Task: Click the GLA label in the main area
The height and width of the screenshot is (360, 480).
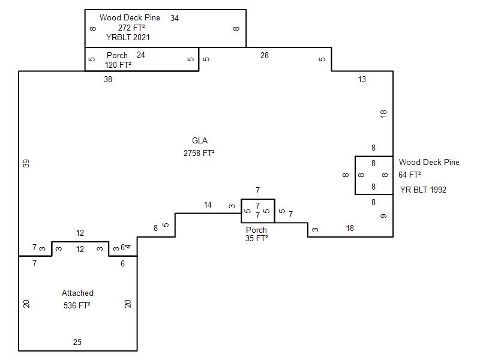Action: pos(200,140)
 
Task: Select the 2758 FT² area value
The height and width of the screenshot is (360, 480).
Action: pos(199,153)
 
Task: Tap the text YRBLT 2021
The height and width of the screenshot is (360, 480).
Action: pos(128,37)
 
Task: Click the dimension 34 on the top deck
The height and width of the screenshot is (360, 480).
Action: pos(175,19)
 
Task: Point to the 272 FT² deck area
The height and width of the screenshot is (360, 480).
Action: pos(131,28)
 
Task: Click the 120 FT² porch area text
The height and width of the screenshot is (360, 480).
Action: pos(118,65)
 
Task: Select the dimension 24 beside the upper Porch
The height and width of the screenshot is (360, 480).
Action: pos(141,55)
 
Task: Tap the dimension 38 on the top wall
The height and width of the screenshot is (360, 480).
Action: pos(108,79)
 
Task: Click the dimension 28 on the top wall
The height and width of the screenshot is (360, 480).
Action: pos(265,55)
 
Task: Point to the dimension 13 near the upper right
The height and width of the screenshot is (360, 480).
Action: pos(362,79)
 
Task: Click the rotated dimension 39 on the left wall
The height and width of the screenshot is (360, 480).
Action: pos(26,163)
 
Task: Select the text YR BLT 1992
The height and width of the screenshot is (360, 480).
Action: pos(423,190)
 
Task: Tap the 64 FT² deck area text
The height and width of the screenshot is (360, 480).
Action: pos(410,175)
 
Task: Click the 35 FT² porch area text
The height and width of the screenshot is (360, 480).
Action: pos(257,238)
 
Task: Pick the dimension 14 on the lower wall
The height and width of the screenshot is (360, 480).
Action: pos(208,205)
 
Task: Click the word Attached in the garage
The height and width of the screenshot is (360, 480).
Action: pos(77,293)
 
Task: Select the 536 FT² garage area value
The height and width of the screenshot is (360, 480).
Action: pos(77,305)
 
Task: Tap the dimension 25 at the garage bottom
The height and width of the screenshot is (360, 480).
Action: pos(77,342)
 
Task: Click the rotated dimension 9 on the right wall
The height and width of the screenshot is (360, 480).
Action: pos(383,216)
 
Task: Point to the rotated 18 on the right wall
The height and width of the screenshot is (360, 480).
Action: pos(383,114)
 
